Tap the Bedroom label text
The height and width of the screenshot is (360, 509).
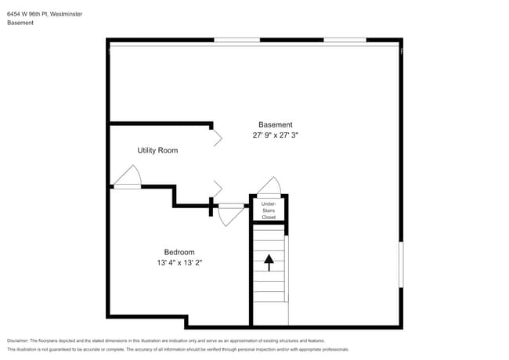pos(179,252)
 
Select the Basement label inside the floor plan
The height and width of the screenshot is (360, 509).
pos(276,124)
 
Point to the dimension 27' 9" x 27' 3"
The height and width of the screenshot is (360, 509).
pos(276,135)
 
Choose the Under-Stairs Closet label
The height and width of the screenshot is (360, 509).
pos(269,211)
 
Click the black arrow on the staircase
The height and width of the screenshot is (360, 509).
pos(269,262)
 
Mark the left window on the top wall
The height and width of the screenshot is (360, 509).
pos(237,40)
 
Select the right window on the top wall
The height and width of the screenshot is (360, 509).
pos(345,40)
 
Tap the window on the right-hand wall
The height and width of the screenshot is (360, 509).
pos(401,264)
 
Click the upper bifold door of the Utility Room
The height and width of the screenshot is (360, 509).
pos(217,138)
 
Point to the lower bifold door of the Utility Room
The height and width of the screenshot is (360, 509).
pos(217,190)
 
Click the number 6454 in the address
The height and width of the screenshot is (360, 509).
pos(15,14)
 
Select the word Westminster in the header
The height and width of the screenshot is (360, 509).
pos(66,14)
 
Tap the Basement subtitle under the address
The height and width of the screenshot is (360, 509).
pos(20,23)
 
